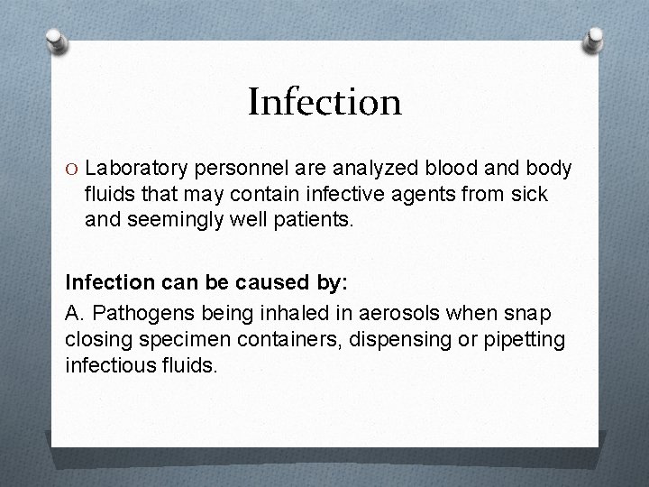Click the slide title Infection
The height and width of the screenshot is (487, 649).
324,102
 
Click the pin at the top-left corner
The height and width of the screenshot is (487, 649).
57,38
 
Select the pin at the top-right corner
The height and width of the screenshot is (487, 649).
594,38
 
